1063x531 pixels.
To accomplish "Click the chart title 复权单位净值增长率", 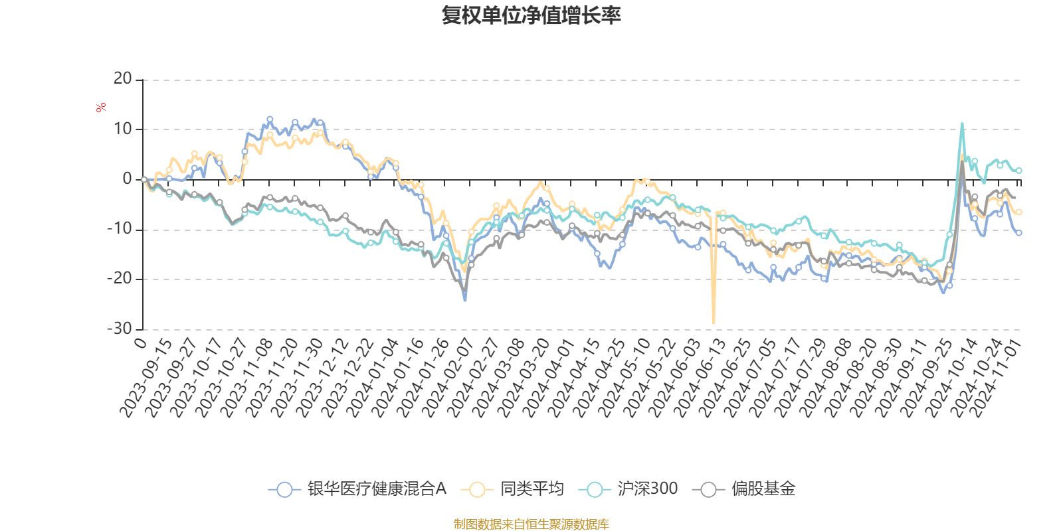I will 531,15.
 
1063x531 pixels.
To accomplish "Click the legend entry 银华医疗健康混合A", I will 358,489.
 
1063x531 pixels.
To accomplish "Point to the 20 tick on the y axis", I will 123,79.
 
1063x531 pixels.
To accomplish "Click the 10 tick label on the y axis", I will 123,129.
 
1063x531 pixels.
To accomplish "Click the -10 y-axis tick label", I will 120,229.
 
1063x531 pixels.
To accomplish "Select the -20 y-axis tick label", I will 120,279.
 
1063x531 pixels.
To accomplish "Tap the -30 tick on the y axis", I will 120,329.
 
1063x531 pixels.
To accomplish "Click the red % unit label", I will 101,107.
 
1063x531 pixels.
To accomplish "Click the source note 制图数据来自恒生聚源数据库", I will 531,524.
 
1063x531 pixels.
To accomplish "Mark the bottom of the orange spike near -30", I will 714,323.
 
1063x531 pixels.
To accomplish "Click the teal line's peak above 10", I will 962,123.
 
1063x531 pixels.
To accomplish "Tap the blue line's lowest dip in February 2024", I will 465,300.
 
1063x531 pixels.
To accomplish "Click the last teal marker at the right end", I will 1018,171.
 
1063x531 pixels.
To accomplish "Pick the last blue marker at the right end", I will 1018,233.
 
